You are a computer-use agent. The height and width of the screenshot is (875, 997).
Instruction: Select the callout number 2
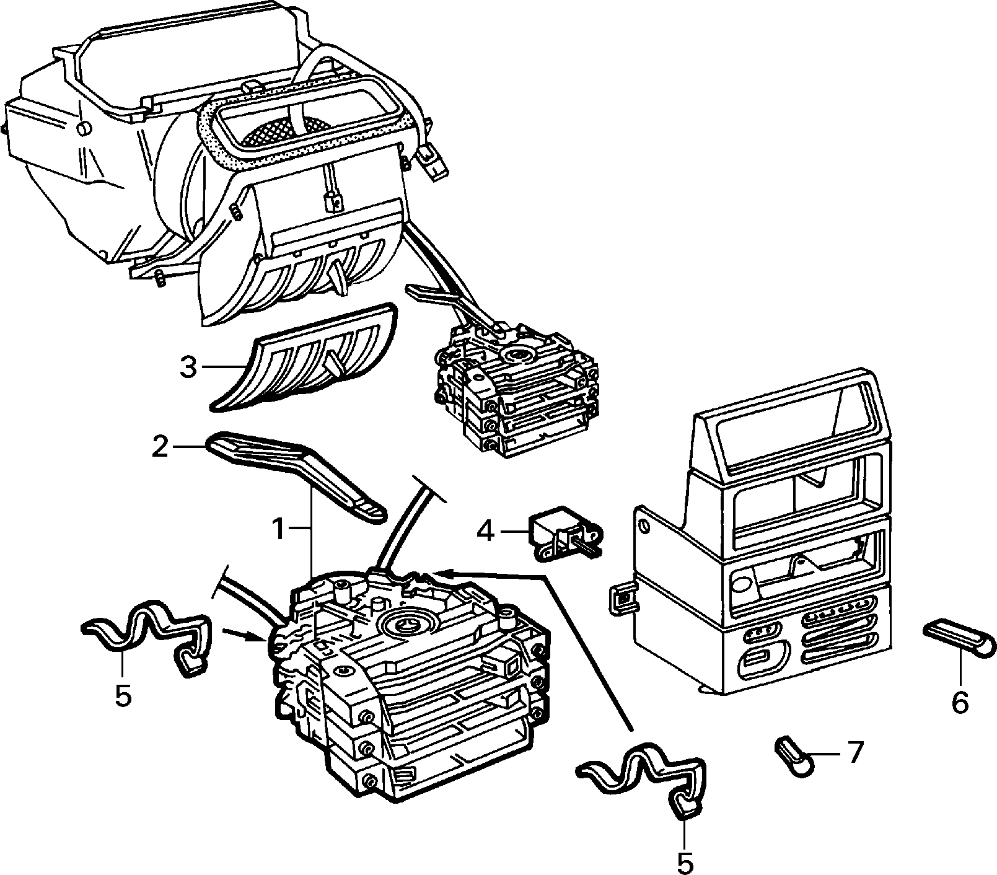(160, 447)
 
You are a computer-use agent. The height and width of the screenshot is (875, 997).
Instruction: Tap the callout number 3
(188, 367)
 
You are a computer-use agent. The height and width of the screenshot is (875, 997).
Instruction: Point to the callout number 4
(486, 530)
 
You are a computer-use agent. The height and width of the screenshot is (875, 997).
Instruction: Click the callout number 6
(959, 702)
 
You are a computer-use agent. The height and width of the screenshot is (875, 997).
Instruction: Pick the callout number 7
(854, 753)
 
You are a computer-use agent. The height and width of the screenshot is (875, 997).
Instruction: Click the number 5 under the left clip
(123, 696)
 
